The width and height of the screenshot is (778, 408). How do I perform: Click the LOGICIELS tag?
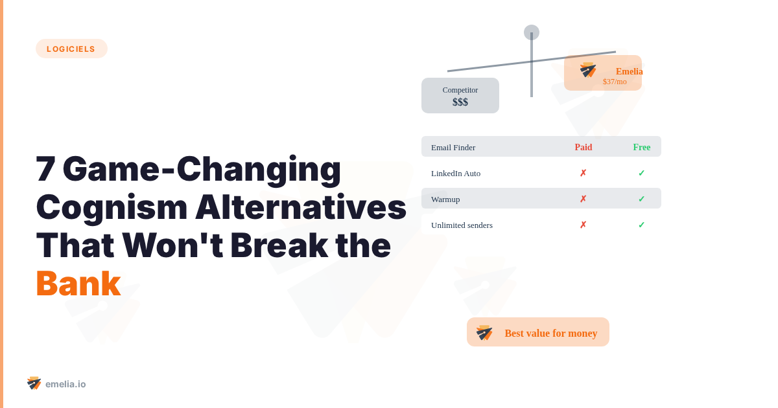point(71,49)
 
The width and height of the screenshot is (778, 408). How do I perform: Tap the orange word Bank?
point(78,284)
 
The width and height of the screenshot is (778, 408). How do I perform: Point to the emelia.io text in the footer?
point(65,384)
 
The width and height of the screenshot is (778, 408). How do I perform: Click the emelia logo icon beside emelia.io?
point(34,383)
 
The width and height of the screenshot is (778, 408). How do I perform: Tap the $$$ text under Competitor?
point(460,102)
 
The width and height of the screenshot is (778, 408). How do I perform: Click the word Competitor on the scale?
point(460,90)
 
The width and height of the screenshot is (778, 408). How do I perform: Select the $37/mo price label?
point(615,82)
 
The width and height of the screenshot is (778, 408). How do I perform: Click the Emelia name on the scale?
point(629,71)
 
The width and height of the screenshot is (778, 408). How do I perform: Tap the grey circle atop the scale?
point(532,32)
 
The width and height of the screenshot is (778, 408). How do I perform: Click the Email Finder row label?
point(453,147)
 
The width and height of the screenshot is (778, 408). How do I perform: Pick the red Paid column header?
point(583,147)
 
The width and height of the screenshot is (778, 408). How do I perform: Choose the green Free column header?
point(642,147)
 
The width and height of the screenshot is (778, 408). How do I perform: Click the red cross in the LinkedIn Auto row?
point(583,173)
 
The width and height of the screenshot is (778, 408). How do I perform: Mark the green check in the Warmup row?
point(641,199)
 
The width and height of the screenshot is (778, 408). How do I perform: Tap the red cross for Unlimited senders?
point(583,225)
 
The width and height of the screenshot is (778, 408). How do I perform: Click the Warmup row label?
point(445,199)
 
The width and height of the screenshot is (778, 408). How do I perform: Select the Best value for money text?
point(551,333)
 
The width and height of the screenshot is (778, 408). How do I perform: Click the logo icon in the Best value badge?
point(484,333)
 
